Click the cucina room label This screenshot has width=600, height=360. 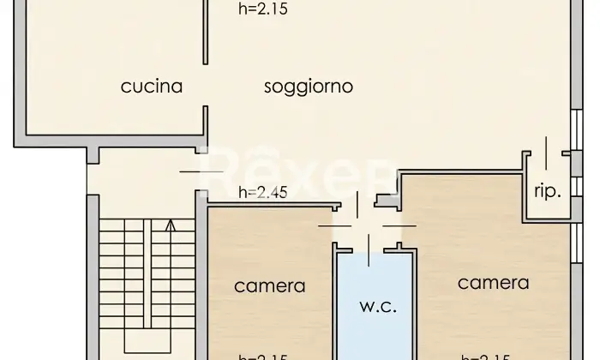click(x=152, y=86)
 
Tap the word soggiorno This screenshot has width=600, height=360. click(x=309, y=87)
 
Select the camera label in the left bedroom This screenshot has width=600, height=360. click(x=270, y=285)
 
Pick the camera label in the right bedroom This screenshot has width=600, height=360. click(x=493, y=282)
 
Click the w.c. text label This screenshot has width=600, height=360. click(x=377, y=306)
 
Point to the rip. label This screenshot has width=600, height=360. click(x=548, y=191)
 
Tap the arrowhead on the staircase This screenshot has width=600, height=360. click(x=170, y=225)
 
